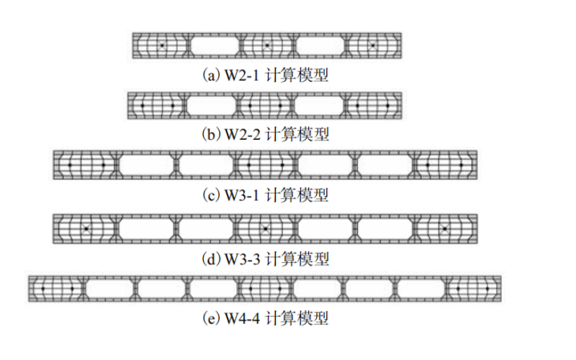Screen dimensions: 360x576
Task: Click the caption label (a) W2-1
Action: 266,74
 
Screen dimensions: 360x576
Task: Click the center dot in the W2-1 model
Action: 266,45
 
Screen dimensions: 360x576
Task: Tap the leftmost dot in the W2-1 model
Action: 162,45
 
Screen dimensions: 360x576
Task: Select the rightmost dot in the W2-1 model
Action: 372,45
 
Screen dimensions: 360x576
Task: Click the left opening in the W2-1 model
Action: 214,45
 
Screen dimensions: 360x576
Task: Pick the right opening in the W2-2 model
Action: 319,106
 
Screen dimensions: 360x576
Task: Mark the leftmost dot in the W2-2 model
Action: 143,106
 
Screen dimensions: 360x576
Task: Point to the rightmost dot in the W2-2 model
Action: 388,106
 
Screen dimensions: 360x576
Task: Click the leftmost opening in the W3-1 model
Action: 144,165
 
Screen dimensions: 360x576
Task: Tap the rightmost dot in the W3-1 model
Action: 461,165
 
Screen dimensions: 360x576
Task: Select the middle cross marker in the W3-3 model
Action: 266,228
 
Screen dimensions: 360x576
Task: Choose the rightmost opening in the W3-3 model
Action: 385,228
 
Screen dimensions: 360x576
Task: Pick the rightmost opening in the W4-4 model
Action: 421,288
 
